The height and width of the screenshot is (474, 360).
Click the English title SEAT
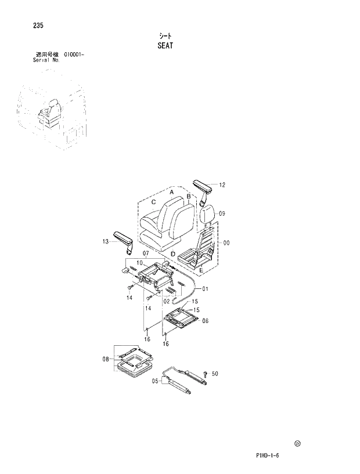[165, 45]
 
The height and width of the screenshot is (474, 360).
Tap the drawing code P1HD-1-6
[268, 456]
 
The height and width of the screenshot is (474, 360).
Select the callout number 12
[222, 185]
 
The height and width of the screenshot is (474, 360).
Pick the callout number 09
[222, 214]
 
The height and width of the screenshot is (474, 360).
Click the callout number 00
[226, 243]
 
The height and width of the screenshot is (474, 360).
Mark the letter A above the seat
[172, 190]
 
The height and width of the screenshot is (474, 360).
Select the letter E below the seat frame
[201, 270]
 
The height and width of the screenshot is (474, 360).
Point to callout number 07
[146, 254]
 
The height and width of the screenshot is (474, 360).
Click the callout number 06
[205, 320]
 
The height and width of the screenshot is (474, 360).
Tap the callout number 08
[106, 359]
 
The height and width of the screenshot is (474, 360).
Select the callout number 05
[155, 381]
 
